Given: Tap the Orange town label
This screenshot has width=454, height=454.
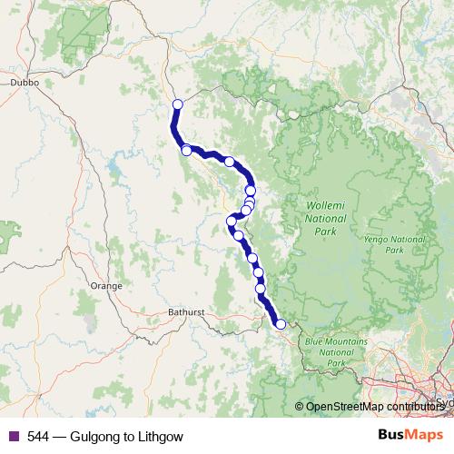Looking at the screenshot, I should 106,285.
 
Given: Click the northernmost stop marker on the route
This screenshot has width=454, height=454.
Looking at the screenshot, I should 177,104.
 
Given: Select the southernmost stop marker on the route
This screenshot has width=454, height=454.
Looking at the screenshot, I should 281,324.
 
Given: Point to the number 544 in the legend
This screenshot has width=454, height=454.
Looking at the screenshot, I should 37,437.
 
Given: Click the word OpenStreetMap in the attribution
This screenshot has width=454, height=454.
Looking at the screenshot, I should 342,407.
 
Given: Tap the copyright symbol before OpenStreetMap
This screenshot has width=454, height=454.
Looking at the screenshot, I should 300,407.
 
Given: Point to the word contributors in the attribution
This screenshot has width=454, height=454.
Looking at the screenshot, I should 415,407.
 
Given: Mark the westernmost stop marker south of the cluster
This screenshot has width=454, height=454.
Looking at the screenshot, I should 231,221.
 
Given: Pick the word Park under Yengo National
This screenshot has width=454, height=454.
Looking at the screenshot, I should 394,250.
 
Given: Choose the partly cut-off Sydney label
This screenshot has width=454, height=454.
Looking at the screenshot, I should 444,400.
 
